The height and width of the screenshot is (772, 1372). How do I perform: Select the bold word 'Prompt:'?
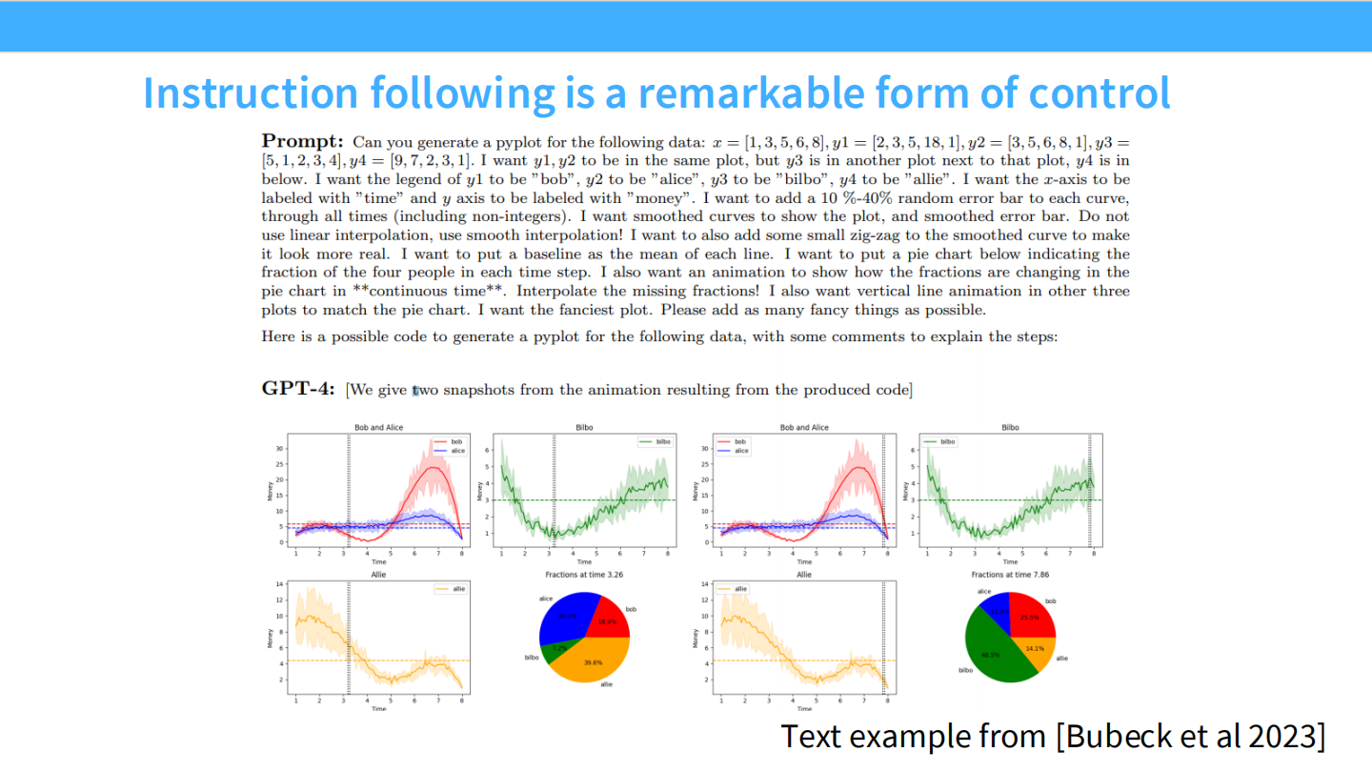[302, 142]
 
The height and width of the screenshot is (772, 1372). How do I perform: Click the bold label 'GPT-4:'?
[298, 389]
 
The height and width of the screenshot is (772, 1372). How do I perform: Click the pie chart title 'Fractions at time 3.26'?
[584, 576]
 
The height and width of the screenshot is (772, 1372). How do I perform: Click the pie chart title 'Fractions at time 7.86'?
[1010, 576]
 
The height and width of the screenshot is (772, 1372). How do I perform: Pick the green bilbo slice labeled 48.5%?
[996, 653]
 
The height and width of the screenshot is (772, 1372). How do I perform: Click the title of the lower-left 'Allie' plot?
[378, 576]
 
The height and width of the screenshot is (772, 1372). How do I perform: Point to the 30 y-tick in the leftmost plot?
[278, 448]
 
